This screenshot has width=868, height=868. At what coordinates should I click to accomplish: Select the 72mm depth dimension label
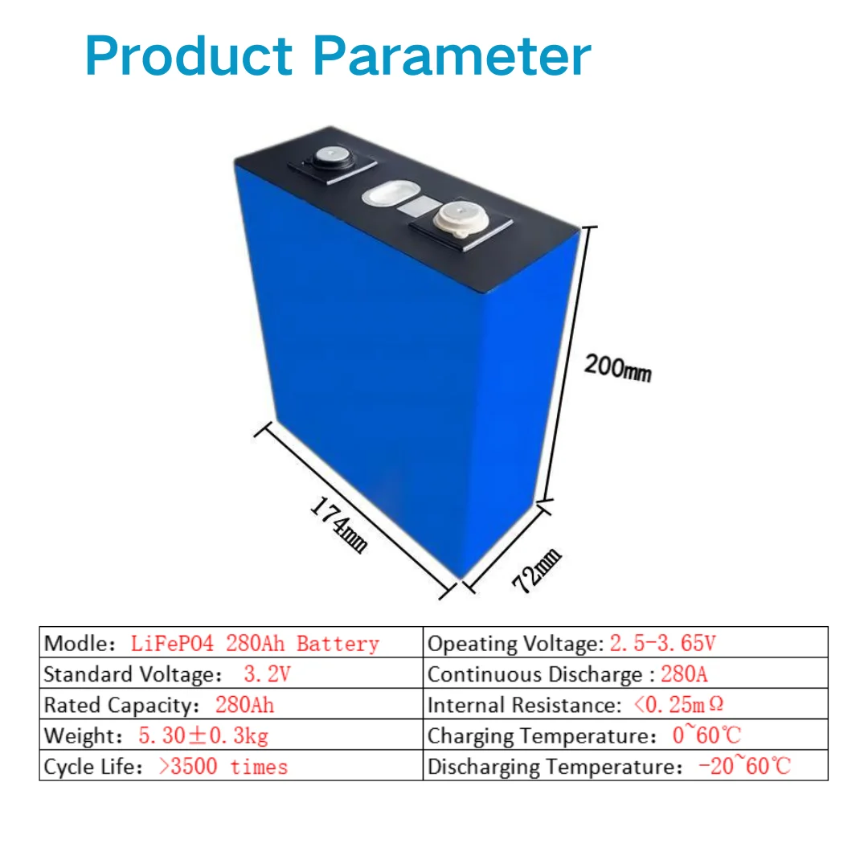[537, 570]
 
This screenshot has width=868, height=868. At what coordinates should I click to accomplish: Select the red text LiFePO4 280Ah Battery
[254, 644]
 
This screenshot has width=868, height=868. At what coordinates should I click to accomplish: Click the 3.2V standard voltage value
[267, 674]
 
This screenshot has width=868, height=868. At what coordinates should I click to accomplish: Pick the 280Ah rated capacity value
[244, 705]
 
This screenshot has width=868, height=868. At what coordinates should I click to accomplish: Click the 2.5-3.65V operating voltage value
[662, 644]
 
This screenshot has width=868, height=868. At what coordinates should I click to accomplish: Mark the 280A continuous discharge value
[684, 674]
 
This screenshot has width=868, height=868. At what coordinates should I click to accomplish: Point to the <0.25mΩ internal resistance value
[678, 705]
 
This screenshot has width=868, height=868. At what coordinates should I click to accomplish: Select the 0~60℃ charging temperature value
[706, 735]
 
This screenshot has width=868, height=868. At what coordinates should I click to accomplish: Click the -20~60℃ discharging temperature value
[744, 766]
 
